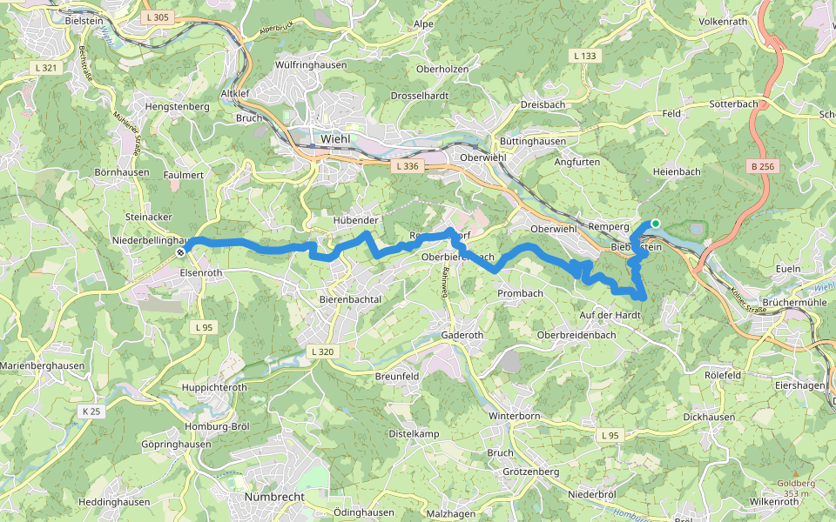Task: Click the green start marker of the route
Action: tap(655, 224)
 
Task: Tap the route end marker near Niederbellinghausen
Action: tap(181, 252)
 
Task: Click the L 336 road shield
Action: tap(406, 165)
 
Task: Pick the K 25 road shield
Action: tap(90, 410)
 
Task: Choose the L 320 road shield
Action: tap(321, 351)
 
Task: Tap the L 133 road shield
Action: tap(586, 56)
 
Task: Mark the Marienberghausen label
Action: tap(43, 366)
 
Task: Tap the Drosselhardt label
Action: tap(419, 95)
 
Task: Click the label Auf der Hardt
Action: tap(610, 314)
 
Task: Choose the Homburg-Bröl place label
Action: tap(216, 426)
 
